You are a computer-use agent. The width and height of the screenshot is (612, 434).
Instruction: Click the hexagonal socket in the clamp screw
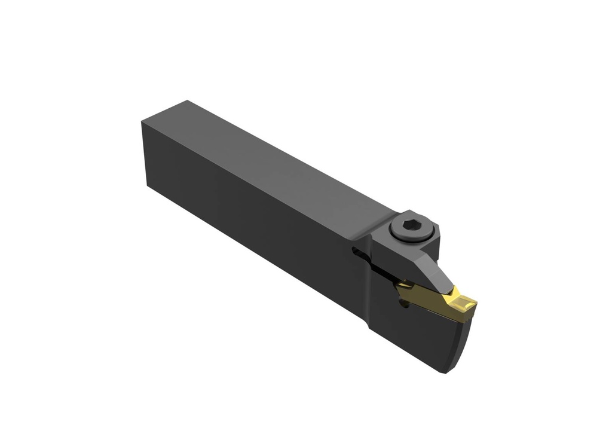411,226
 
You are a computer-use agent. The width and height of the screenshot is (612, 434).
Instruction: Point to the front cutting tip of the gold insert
473,305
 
